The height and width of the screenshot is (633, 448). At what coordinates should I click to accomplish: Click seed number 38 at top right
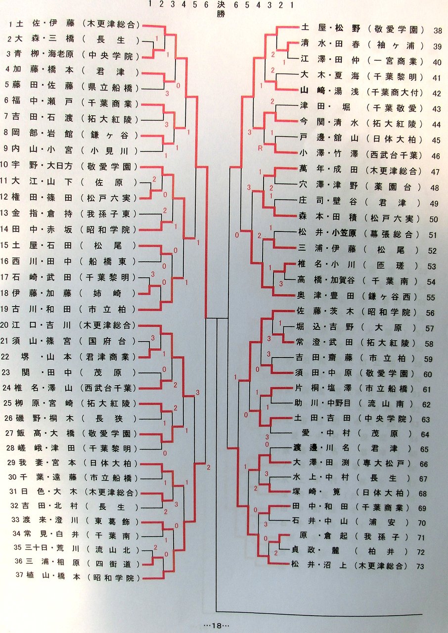point(438,31)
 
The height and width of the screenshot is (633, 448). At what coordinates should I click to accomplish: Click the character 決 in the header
point(221,5)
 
